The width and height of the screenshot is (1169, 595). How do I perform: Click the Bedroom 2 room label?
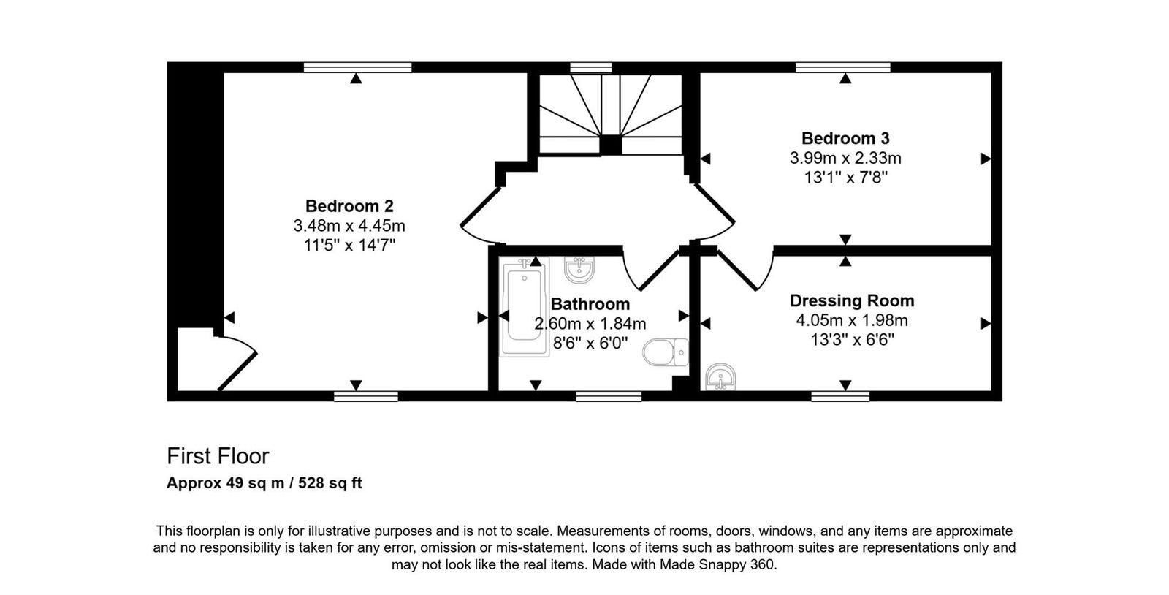(349, 206)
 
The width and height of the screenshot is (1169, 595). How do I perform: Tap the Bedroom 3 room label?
(845, 138)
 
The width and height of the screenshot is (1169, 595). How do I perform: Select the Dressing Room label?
(852, 300)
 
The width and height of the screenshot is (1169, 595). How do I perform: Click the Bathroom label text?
(590, 304)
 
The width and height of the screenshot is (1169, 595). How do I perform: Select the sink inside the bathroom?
(579, 270)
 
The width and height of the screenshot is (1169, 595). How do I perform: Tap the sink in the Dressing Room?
(721, 377)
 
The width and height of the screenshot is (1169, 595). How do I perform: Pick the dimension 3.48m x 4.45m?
(349, 226)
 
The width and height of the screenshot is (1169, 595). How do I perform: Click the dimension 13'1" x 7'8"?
(845, 178)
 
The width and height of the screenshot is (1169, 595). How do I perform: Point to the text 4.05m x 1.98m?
(852, 320)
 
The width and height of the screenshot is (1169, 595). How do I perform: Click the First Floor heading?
(218, 456)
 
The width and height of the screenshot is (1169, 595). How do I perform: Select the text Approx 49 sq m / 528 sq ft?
(264, 483)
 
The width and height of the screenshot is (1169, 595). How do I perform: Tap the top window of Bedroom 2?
(357, 67)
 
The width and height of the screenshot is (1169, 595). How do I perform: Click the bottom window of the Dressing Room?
(840, 396)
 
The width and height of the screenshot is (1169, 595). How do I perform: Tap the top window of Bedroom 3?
(842, 67)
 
